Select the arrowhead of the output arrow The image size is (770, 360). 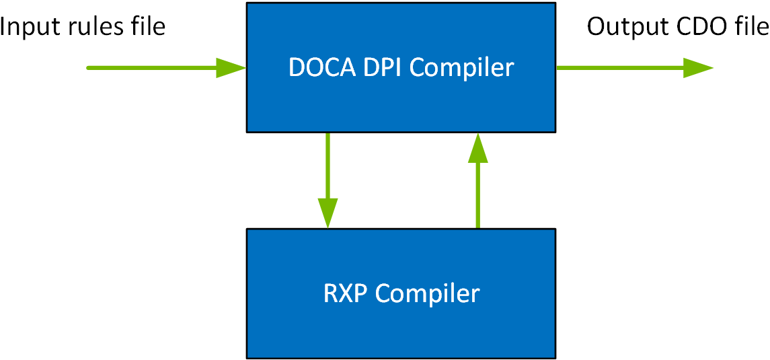[698, 67]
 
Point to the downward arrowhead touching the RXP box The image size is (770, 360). [328, 214]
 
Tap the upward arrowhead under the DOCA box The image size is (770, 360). [477, 147]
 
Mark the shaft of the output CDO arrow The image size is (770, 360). [619, 67]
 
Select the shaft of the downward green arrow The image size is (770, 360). [328, 165]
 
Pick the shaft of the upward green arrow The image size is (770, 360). [477, 195]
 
